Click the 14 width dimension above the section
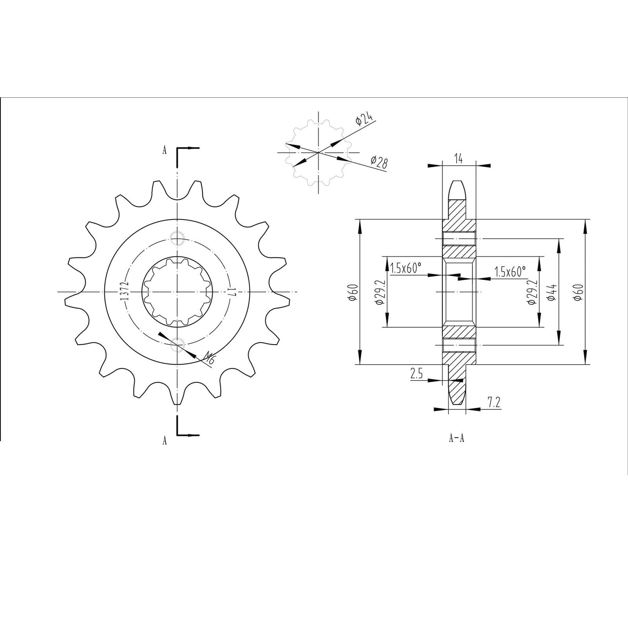[459, 158]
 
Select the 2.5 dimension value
[416, 374]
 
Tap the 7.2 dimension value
[494, 402]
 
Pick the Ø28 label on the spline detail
[379, 162]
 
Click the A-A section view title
[456, 438]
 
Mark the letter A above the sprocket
[164, 150]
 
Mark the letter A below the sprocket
[164, 441]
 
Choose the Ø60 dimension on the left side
[353, 292]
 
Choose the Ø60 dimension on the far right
[579, 292]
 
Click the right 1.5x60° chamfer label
[510, 272]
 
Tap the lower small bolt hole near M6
[177, 343]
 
